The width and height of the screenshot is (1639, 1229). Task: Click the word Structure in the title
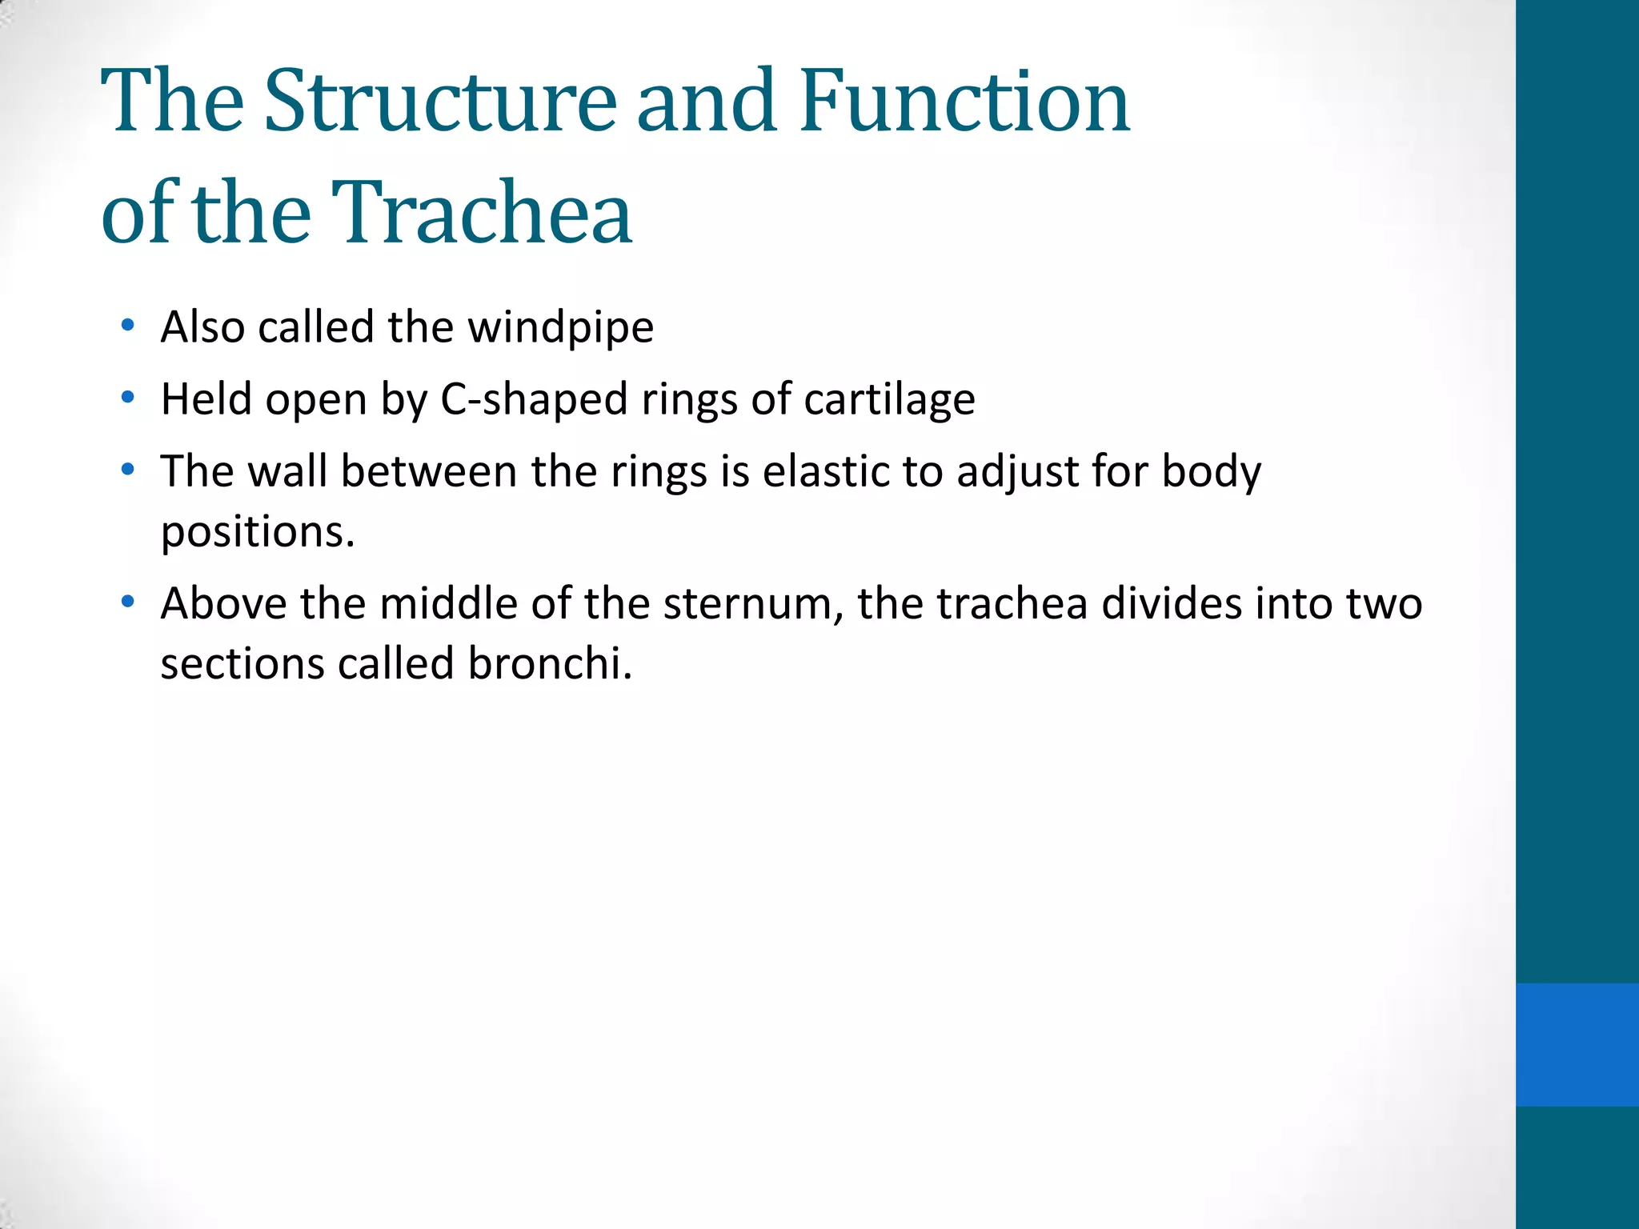440,102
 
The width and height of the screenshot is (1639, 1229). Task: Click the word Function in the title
964,102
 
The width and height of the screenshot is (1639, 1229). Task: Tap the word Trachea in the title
482,213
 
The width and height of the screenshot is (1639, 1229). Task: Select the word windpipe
560,328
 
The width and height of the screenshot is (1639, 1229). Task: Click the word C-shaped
534,400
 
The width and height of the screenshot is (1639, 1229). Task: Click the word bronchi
550,664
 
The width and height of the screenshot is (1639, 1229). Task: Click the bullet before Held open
127,398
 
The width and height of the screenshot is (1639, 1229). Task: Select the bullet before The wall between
127,470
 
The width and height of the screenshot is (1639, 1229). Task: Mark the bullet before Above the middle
127,602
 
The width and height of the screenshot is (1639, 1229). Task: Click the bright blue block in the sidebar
1577,1044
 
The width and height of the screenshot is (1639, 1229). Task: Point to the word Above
223,604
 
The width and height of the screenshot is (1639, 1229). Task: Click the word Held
206,399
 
